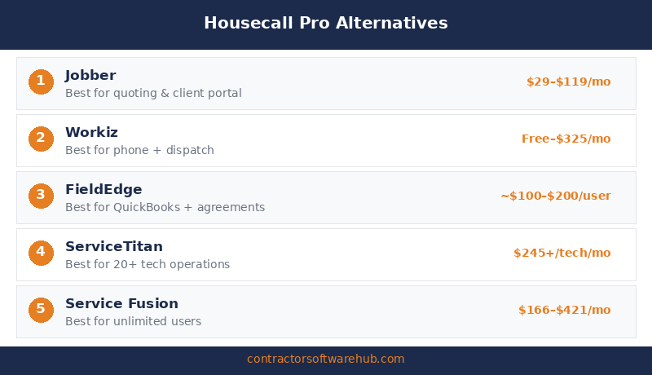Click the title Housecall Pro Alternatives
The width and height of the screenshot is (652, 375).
(x=326, y=23)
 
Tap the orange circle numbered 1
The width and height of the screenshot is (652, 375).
(x=41, y=82)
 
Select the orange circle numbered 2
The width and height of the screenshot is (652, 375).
(x=41, y=139)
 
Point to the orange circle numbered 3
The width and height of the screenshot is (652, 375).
(x=41, y=196)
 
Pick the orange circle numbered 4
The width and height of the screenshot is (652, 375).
(x=41, y=253)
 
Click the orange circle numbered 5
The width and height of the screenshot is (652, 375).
(x=41, y=310)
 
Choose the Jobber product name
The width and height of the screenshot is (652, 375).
(x=90, y=76)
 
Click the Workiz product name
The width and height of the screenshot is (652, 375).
(x=92, y=133)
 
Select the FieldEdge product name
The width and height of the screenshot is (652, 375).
(x=104, y=190)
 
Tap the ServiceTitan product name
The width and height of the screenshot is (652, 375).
(x=114, y=247)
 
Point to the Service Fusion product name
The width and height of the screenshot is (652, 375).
(x=121, y=304)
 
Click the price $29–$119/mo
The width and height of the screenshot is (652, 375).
(x=568, y=82)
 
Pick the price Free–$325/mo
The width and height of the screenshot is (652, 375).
(x=566, y=139)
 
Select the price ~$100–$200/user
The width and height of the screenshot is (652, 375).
(x=555, y=196)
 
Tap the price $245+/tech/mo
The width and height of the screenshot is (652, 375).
(x=562, y=253)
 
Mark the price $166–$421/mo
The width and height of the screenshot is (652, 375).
(x=564, y=310)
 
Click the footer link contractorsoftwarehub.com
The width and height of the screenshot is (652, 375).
(x=326, y=359)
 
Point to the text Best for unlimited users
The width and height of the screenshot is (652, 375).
(x=133, y=321)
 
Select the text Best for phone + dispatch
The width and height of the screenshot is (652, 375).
(x=139, y=150)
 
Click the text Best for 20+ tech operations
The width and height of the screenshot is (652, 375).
(x=148, y=264)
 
